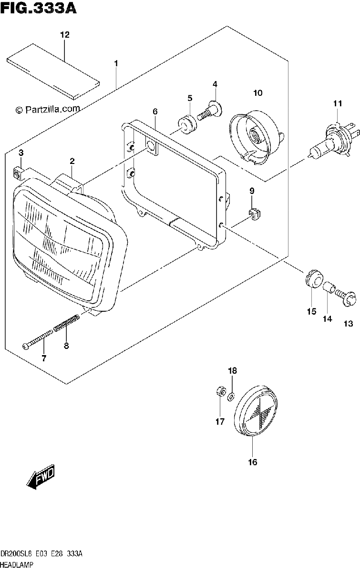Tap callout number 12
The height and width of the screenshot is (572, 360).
pos(65,34)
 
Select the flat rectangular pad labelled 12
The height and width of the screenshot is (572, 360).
pos(53,71)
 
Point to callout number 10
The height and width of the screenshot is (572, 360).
pos(258,92)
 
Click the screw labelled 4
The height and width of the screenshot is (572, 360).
pos(209,112)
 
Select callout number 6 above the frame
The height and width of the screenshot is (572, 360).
pos(155,112)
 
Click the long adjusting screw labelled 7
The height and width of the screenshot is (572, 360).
pos(38,338)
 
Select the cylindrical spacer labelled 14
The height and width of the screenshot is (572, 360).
pos(329,287)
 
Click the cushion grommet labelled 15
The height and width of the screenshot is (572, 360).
pos(314,278)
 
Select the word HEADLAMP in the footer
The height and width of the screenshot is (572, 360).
pos(17,565)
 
